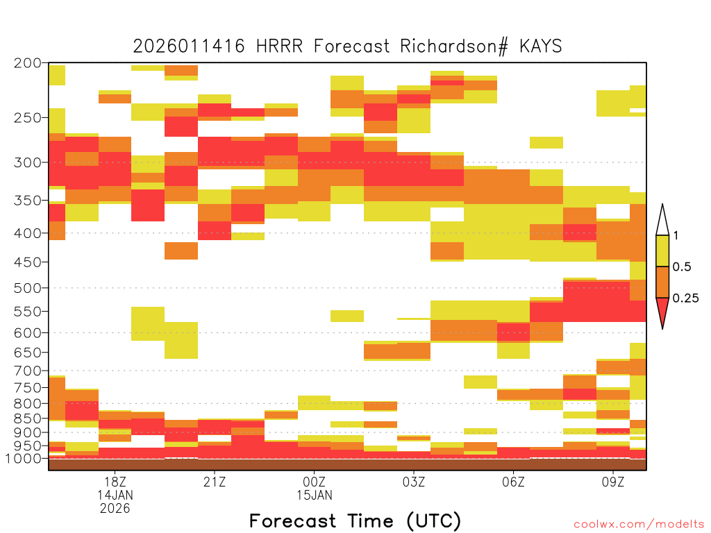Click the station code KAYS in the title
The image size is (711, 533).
[541, 46]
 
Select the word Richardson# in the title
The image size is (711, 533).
[454, 46]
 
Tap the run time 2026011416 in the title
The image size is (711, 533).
[189, 46]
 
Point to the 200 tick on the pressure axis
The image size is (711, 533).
[28, 63]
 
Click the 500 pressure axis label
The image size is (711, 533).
[28, 288]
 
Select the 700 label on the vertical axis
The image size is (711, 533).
[28, 371]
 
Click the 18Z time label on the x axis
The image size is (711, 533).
[115, 482]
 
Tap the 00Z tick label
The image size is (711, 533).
[315, 482]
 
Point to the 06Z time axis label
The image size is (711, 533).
[513, 482]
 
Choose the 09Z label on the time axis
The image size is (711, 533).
[613, 482]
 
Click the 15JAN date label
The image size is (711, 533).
[315, 495]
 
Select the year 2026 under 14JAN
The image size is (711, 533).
[115, 509]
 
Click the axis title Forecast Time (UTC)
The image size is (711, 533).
[355, 521]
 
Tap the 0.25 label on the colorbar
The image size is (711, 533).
[685, 298]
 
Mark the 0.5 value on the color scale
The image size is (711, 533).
[682, 267]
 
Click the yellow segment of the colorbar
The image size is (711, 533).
[662, 251]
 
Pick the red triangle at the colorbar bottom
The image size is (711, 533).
[662, 310]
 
